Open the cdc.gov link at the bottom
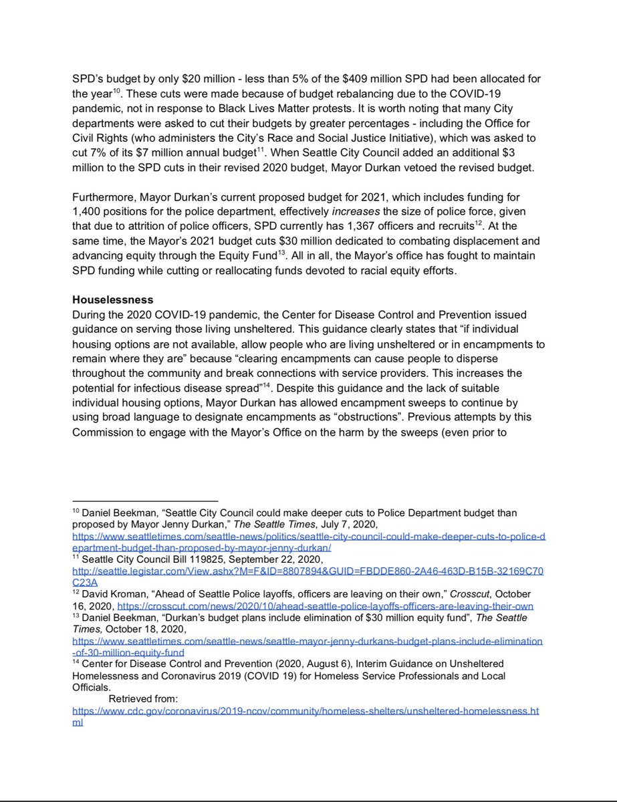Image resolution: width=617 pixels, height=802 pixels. pyautogui.click(x=305, y=711)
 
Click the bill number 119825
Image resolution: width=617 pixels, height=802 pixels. pyautogui.click(x=206, y=559)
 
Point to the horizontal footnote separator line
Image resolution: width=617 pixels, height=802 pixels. pyautogui.click(x=145, y=501)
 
